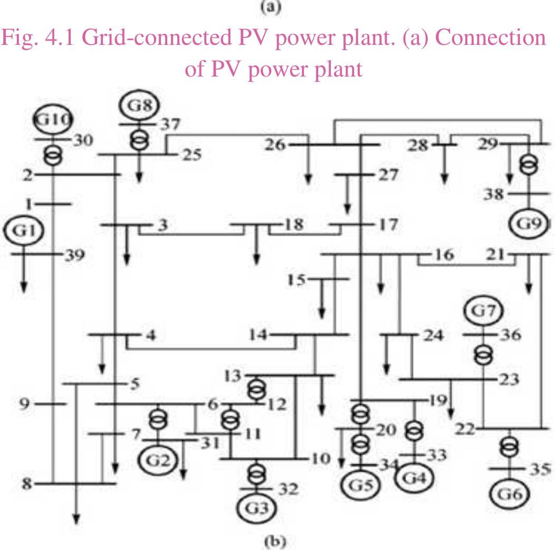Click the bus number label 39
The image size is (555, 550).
[72, 255]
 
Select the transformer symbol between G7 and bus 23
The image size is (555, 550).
[482, 355]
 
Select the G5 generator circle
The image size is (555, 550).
[359, 485]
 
